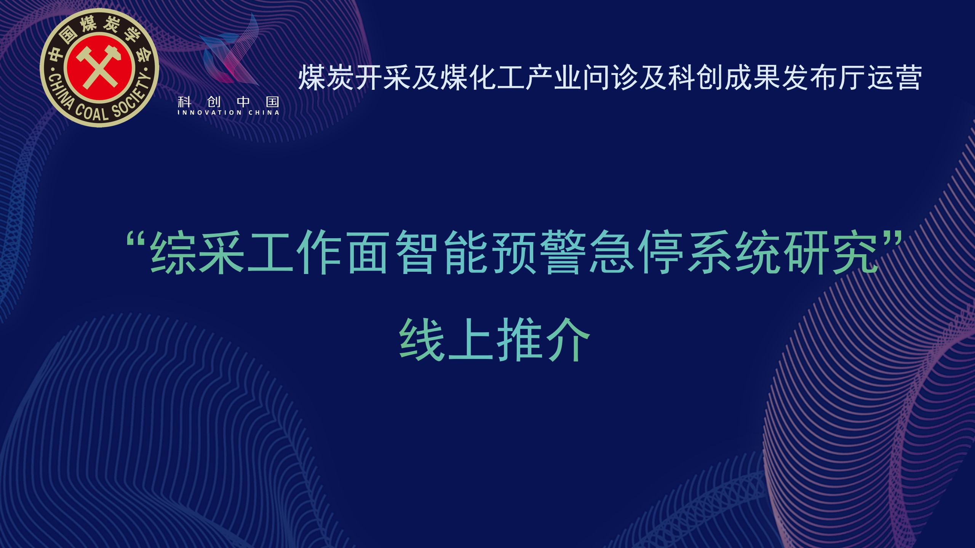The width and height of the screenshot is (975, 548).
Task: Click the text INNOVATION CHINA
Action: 229,113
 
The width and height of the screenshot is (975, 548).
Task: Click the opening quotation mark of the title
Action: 137,240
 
